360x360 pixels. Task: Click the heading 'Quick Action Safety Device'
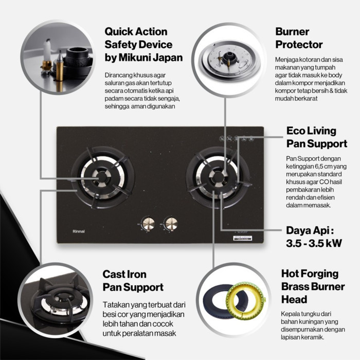click(x=138, y=38)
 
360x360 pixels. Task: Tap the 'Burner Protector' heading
click(x=299, y=38)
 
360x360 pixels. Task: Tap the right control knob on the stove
click(x=170, y=223)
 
